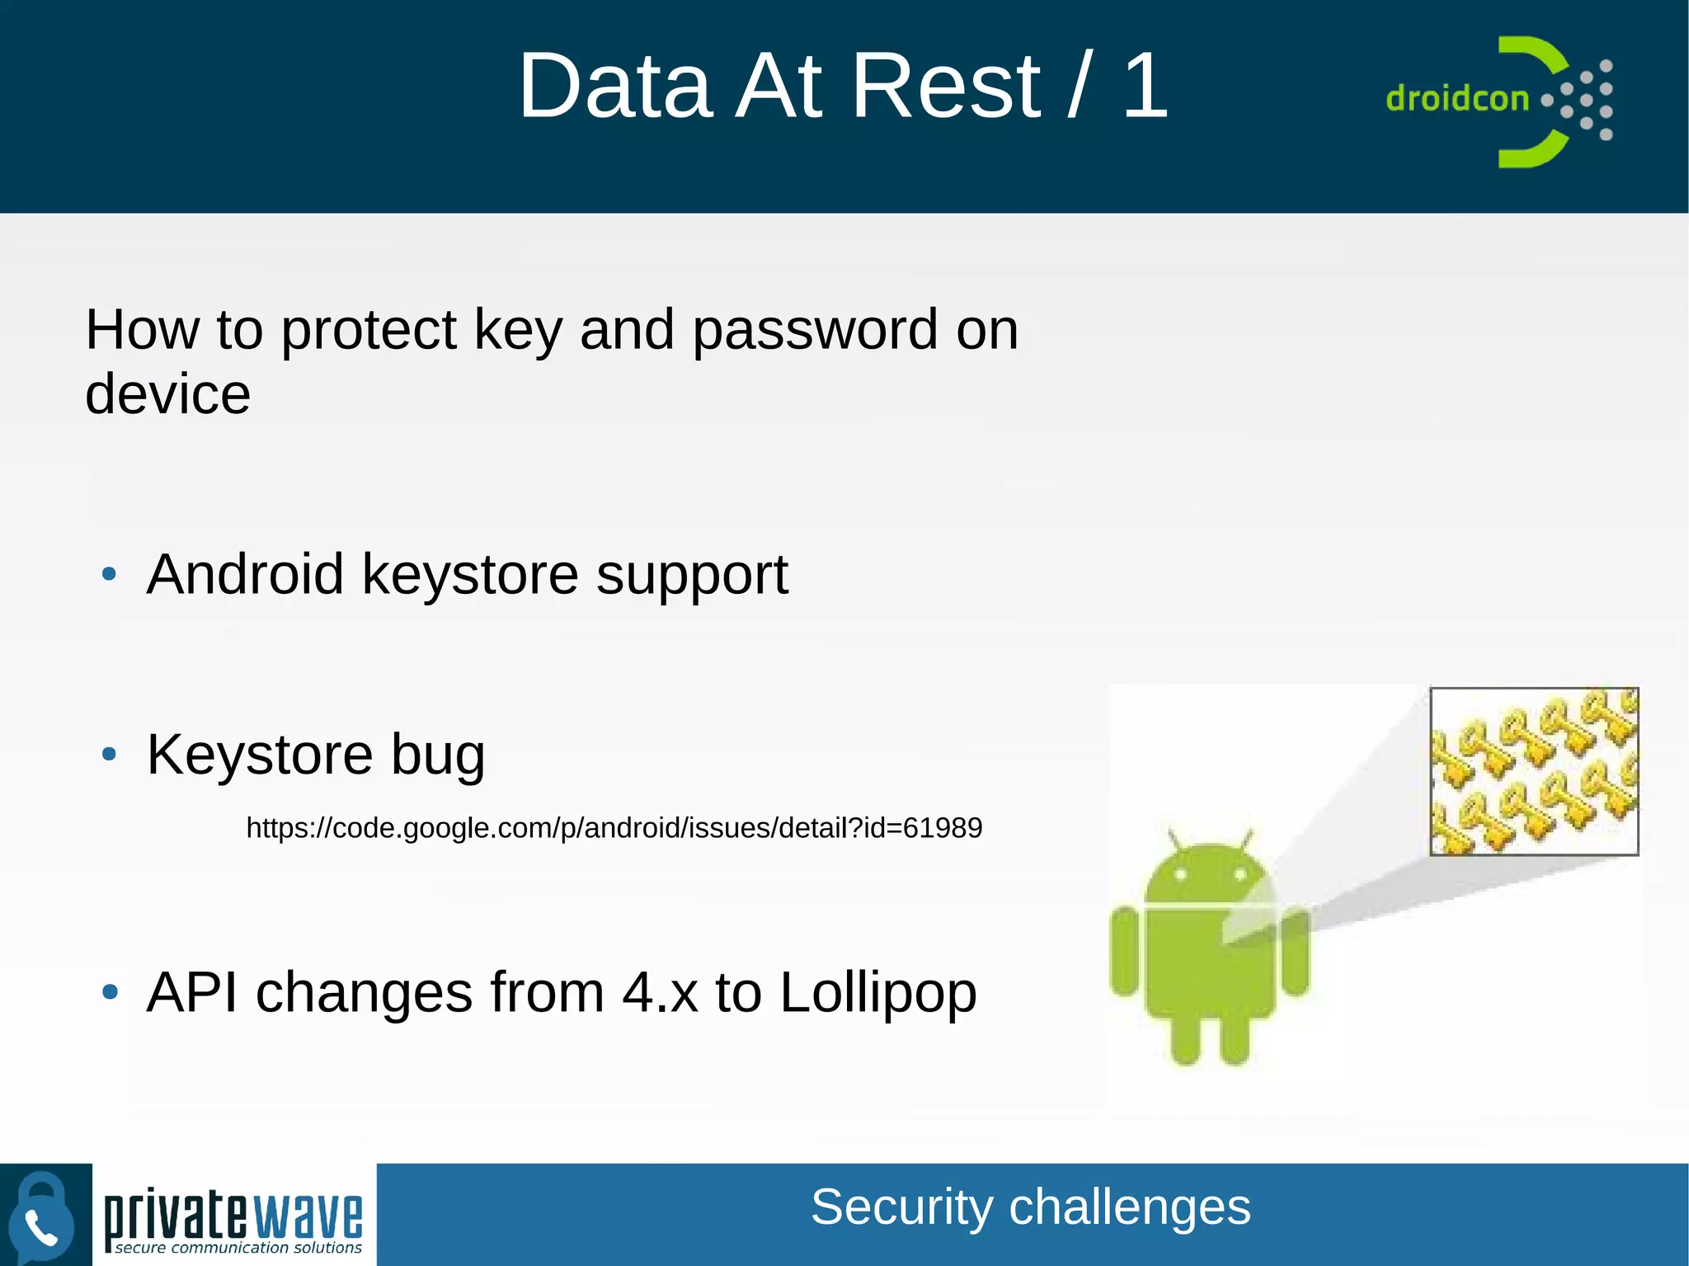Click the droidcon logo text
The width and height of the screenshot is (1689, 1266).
1457,99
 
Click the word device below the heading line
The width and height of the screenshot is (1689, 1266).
167,394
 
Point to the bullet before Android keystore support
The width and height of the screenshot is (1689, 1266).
109,575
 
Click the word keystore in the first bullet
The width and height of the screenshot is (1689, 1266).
470,575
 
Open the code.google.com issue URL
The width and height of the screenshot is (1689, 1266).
614,828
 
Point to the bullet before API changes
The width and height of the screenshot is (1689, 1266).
109,992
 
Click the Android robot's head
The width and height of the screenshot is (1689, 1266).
1209,874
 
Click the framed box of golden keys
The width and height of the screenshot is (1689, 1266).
1534,771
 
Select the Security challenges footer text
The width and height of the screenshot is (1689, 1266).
1030,1207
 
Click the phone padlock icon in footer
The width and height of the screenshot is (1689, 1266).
41,1216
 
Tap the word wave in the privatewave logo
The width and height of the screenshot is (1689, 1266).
306,1216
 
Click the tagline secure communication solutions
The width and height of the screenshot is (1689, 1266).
238,1249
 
